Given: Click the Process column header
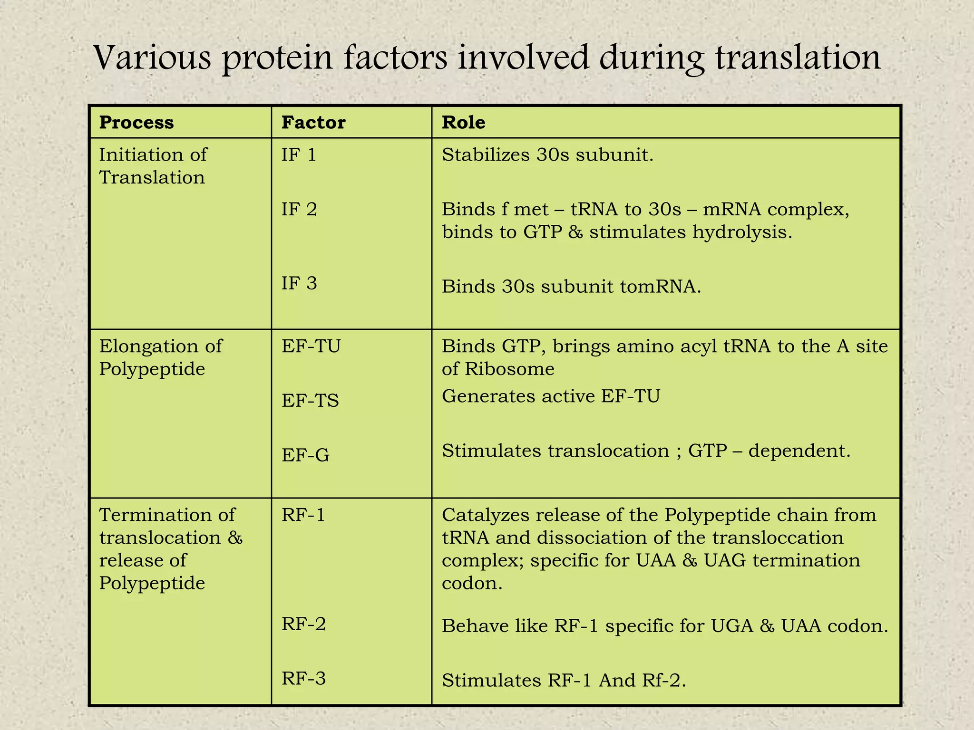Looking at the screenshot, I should tap(136, 123).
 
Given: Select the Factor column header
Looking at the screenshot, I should tap(313, 123).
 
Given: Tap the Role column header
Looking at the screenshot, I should tap(463, 123).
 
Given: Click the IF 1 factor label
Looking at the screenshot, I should tap(299, 155).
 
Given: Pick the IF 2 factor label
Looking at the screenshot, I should tap(299, 210).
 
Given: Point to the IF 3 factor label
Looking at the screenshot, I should tap(299, 283).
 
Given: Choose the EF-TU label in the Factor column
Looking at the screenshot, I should tap(311, 346).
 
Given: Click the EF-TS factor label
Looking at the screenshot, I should tap(310, 401).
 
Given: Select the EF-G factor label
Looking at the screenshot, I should tap(305, 455).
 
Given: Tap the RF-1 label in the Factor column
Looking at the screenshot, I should tap(303, 515).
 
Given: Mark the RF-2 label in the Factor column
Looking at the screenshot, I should tap(303, 624).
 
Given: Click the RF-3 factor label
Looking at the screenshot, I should tap(303, 679).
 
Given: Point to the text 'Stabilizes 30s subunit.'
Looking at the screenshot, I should tap(547, 155).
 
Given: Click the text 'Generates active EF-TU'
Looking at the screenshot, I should tap(551, 396).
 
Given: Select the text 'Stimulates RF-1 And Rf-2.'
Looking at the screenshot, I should tap(564, 681).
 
